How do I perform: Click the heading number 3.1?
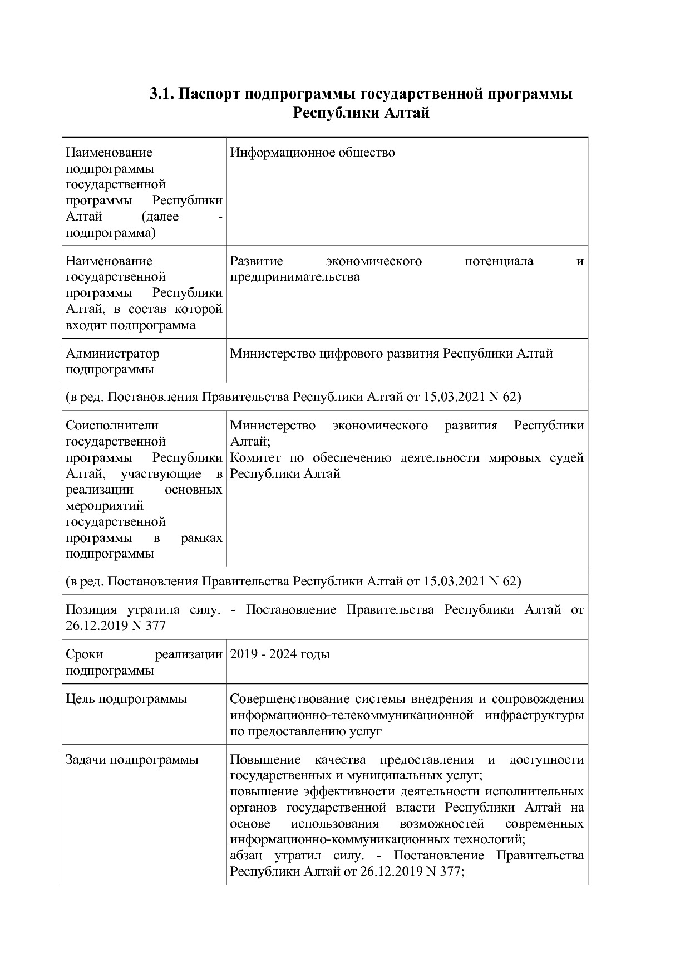(x=162, y=94)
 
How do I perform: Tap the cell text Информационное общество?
(x=312, y=153)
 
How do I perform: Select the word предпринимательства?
(x=295, y=277)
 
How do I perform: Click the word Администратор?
(x=112, y=354)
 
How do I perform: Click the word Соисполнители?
(x=112, y=426)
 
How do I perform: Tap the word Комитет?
(x=256, y=458)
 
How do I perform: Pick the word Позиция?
(x=91, y=610)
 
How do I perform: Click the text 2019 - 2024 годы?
(x=280, y=654)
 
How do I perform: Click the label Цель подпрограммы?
(x=126, y=699)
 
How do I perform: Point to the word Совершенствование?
(x=290, y=699)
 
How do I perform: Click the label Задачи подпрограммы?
(x=132, y=760)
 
